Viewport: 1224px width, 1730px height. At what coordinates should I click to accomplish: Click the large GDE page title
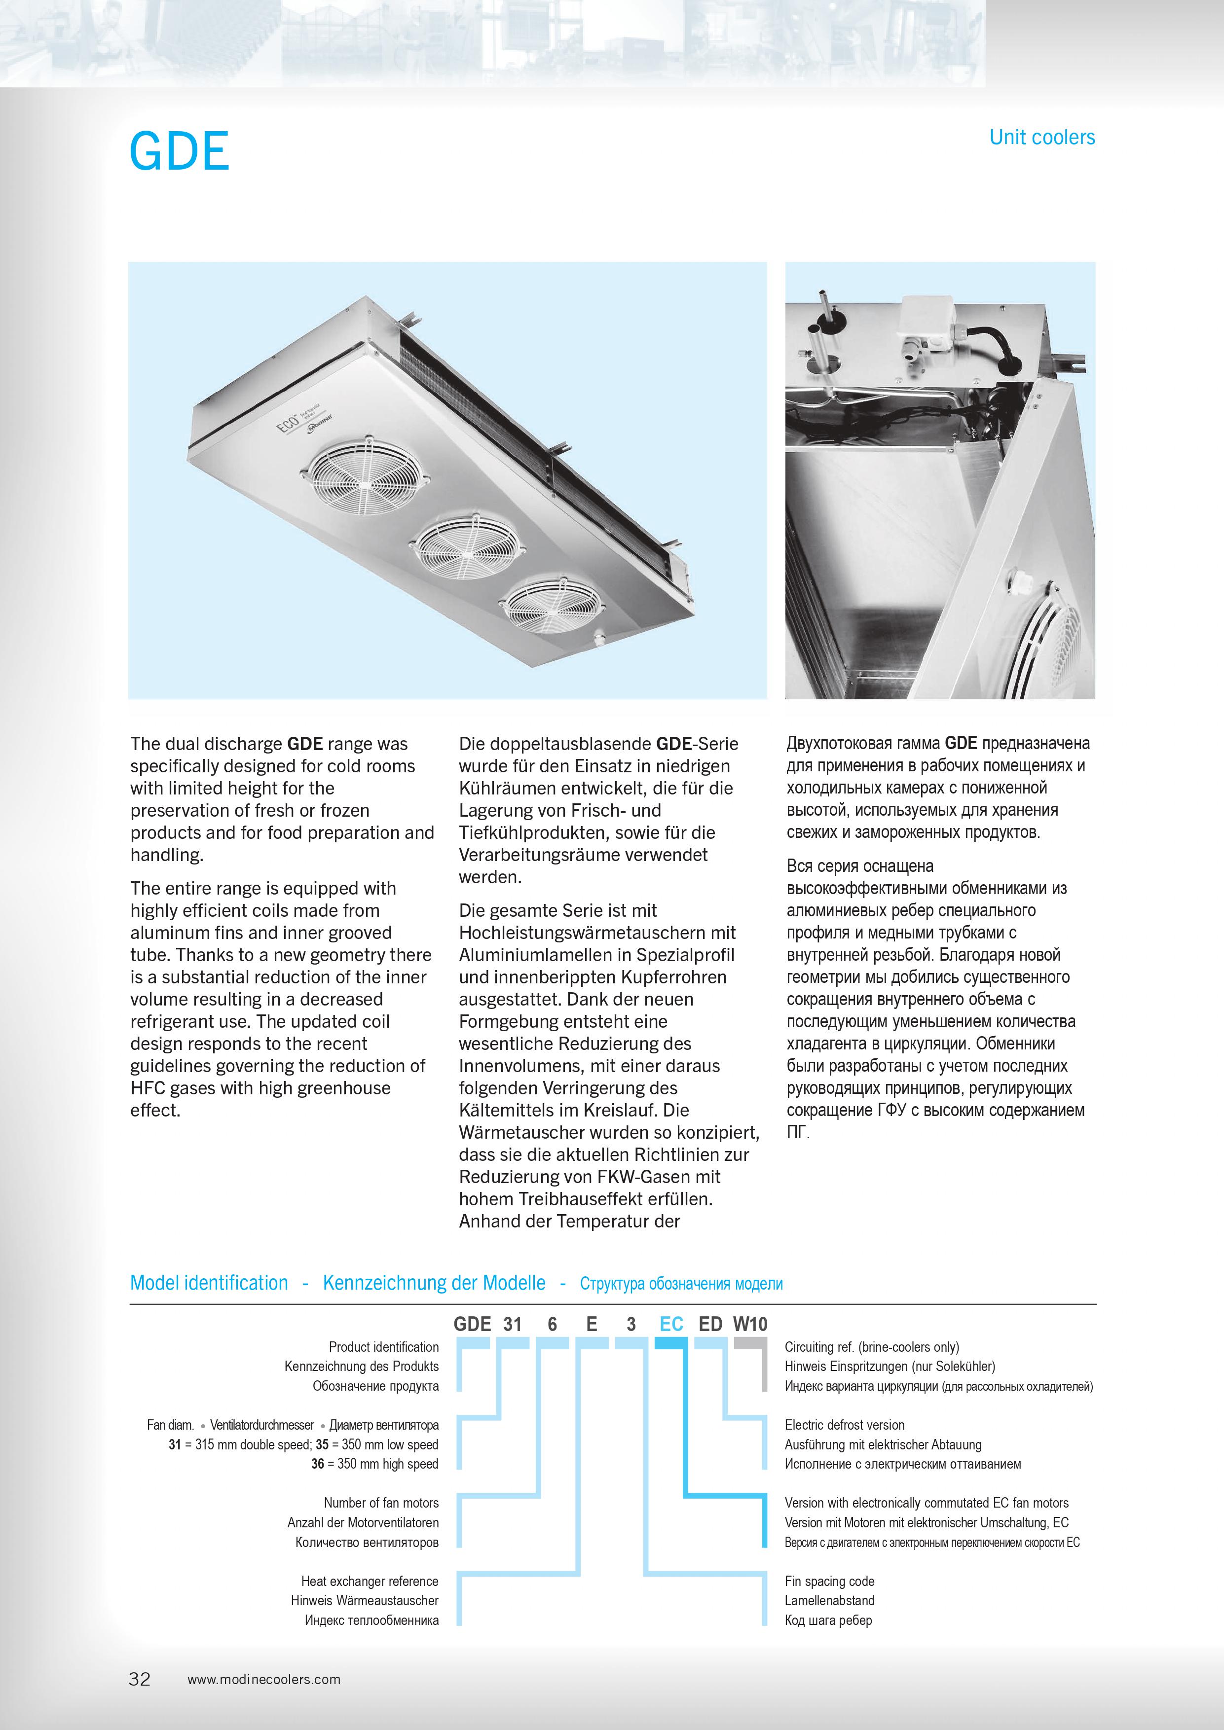click(x=180, y=151)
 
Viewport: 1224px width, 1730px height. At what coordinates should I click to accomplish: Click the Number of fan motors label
click(x=381, y=1503)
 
